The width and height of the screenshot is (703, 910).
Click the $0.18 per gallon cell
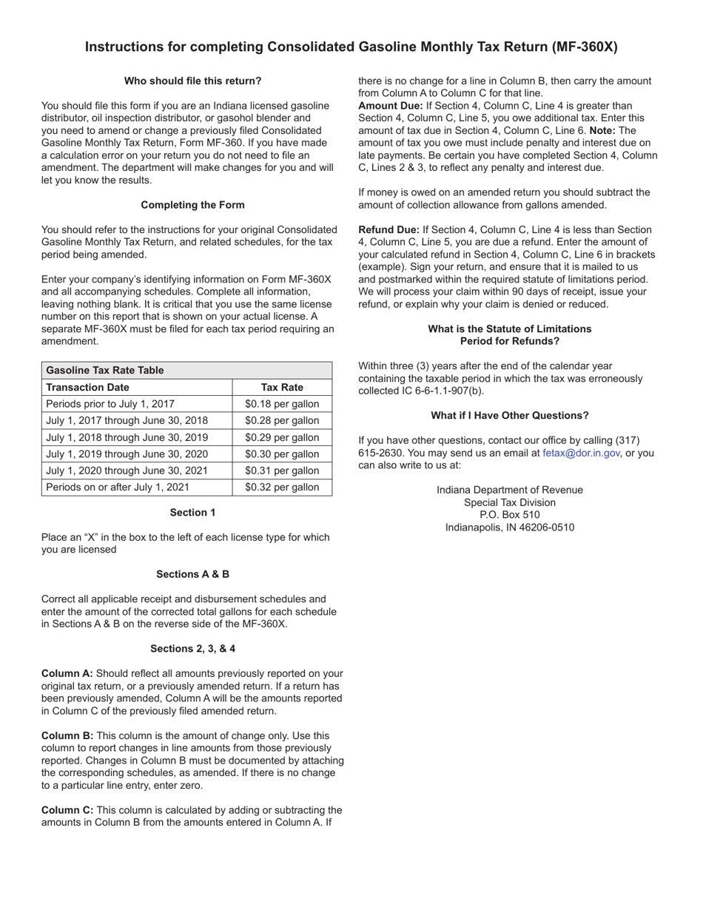click(x=282, y=404)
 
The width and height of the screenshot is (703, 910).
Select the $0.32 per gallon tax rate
click(x=282, y=487)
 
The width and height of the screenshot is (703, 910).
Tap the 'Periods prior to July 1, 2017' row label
click(x=110, y=404)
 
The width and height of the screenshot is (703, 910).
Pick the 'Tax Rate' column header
click(x=282, y=387)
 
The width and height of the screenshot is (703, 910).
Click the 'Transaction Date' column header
click(x=87, y=387)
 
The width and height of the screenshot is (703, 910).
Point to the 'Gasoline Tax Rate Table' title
click(x=105, y=370)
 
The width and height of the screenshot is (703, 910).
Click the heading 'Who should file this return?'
click(x=192, y=81)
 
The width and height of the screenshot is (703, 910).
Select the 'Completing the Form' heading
click(x=192, y=205)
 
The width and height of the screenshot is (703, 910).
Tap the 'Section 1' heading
click(x=192, y=512)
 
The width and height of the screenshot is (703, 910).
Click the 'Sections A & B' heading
click(x=192, y=574)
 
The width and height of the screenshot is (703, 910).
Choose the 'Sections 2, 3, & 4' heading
click(x=192, y=649)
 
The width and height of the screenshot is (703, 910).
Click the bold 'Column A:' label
click(x=67, y=673)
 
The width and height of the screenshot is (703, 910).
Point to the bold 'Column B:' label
click(x=67, y=735)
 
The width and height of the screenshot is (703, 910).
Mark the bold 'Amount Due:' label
click(x=391, y=106)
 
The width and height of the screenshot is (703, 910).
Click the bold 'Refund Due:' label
click(x=388, y=230)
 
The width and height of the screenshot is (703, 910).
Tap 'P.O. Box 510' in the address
click(x=509, y=515)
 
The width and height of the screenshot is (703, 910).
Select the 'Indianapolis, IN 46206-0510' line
click(x=509, y=528)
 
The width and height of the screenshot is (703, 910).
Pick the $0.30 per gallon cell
click(x=282, y=454)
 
